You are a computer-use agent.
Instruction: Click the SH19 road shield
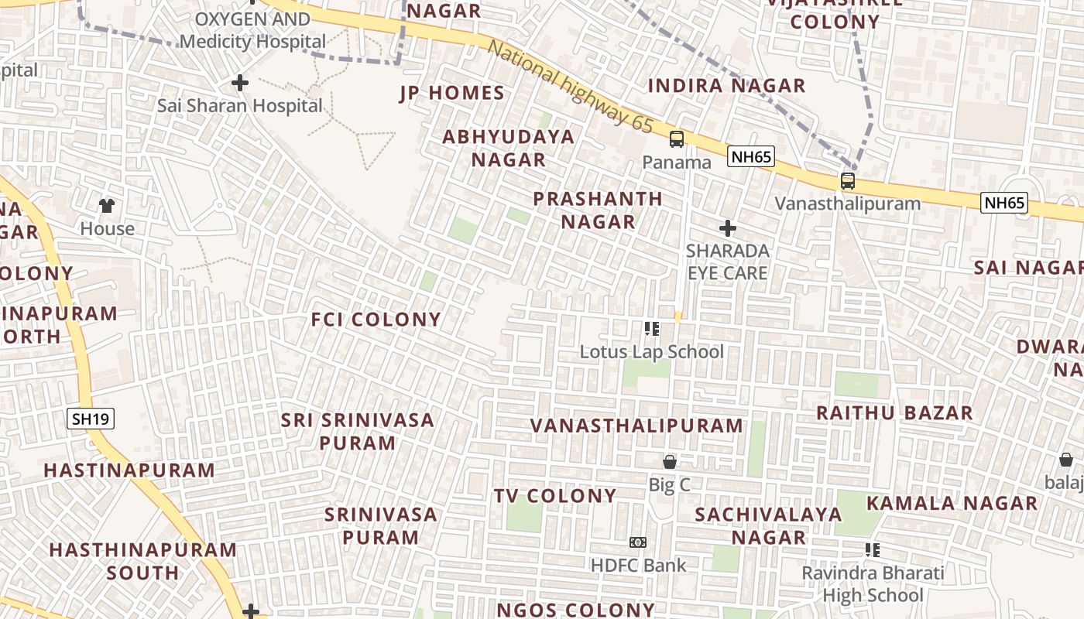(91, 419)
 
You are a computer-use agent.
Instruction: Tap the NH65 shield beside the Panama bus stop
(751, 157)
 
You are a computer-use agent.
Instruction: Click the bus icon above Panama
(677, 139)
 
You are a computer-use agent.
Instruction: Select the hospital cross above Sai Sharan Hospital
(240, 82)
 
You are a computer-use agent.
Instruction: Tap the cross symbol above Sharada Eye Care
(727, 228)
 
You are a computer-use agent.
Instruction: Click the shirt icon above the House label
(107, 206)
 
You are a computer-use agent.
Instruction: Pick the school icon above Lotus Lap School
(652, 329)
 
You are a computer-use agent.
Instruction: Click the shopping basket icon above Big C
(670, 462)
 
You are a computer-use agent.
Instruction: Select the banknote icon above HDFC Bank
(638, 542)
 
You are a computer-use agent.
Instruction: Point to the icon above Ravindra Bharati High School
(873, 550)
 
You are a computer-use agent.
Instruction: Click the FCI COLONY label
(376, 320)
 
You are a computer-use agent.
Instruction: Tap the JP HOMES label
(452, 94)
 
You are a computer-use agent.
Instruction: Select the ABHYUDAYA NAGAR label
(509, 149)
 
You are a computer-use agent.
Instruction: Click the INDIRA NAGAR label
(726, 86)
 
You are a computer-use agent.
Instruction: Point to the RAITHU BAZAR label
(894, 413)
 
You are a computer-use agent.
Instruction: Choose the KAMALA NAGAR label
(952, 503)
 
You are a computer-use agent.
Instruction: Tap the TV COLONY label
(555, 496)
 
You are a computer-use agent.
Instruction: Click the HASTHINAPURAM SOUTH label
(142, 561)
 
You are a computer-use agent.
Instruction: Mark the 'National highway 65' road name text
(571, 86)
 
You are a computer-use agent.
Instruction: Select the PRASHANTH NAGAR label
(598, 210)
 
